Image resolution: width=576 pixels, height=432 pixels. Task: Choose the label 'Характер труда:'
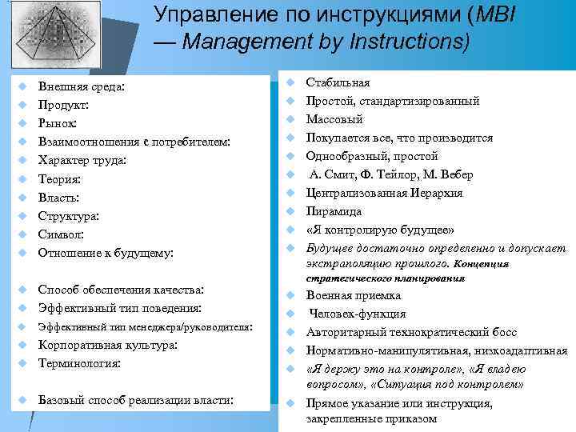click(x=82, y=160)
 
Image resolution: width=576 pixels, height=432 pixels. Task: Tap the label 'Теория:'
click(x=60, y=178)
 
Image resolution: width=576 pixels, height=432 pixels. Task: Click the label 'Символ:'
click(x=62, y=234)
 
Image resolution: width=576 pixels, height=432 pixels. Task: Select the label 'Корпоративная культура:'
click(x=107, y=345)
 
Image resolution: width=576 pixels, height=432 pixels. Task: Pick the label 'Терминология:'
click(x=78, y=363)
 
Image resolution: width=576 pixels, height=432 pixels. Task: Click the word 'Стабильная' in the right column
click(x=338, y=82)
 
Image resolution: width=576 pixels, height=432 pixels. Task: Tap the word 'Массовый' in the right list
click(x=334, y=119)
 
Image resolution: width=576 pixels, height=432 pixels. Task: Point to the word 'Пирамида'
click(x=334, y=211)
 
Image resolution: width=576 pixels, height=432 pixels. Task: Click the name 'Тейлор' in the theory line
click(x=394, y=174)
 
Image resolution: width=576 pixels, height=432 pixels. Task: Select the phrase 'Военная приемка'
click(x=354, y=295)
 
